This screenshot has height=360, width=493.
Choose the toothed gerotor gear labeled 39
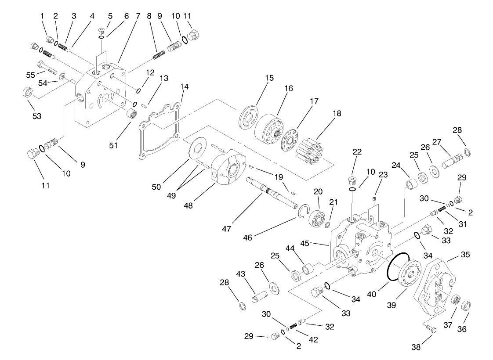click(x=410, y=276)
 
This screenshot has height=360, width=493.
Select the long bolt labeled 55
click(x=45, y=68)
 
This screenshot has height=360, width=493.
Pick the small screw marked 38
click(x=431, y=330)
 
